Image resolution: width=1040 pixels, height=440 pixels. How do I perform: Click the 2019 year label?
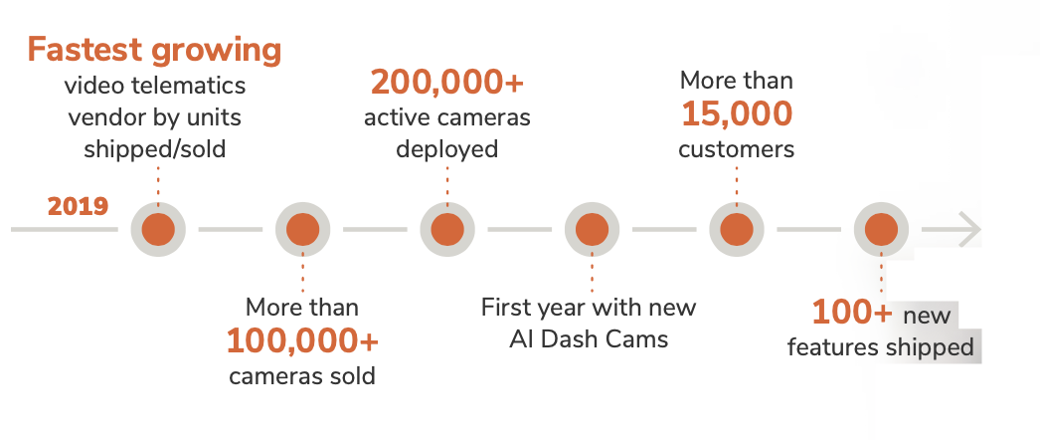tap(78, 207)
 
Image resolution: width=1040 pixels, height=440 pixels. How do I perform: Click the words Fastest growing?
tap(154, 50)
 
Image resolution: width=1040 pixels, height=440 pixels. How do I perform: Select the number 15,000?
tap(737, 114)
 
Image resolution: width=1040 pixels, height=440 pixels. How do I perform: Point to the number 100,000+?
tap(302, 341)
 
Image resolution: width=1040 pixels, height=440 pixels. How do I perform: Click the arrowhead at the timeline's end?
tap(968, 230)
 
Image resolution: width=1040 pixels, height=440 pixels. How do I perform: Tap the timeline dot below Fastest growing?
tap(157, 230)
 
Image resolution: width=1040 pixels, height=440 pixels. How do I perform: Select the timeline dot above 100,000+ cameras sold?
tap(302, 230)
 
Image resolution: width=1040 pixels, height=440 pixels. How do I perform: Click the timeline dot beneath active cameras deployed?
tap(446, 230)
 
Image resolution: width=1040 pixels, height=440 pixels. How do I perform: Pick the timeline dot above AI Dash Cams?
tap(592, 230)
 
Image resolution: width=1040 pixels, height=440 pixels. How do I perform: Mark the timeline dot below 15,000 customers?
tap(737, 230)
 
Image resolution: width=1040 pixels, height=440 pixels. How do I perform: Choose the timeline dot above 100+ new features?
tap(881, 230)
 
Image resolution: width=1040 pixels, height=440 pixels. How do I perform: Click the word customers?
tap(737, 150)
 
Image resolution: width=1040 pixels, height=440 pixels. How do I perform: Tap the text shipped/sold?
tap(154, 149)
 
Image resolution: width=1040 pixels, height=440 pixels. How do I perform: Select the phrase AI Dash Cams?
tap(589, 338)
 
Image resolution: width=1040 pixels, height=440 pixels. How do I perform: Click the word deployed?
tap(446, 150)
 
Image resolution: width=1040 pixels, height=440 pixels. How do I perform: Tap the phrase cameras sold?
tap(302, 376)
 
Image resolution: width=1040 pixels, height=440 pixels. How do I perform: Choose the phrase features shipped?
tap(880, 347)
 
